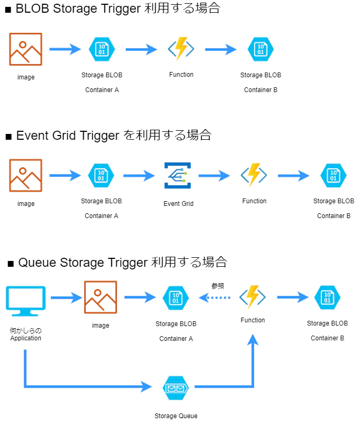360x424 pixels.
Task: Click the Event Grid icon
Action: coord(178,175)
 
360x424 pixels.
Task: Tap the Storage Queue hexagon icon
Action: coord(176,388)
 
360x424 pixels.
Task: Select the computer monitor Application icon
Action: coord(26,301)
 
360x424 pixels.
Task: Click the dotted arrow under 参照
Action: coord(214,297)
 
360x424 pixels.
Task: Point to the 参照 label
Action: coord(218,286)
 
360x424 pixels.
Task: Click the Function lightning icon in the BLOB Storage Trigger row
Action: coord(181,49)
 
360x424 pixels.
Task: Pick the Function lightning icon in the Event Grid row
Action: coord(254,175)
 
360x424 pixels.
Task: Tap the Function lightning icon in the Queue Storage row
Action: coord(253,297)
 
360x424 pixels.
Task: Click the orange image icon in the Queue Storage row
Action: coord(101,297)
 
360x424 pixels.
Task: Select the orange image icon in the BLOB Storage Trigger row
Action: coord(26,49)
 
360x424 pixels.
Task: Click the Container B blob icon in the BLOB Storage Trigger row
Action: coord(261,49)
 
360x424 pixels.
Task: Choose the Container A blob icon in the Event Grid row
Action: coord(101,176)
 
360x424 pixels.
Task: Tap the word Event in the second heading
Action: coord(32,135)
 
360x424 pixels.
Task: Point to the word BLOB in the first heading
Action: coord(32,8)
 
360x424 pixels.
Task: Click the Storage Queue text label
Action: coord(176,416)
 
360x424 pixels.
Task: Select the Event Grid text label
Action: coord(178,204)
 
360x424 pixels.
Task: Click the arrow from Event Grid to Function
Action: coord(214,176)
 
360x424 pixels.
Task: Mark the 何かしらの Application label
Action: coord(26,334)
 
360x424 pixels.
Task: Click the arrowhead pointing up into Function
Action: coord(253,339)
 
